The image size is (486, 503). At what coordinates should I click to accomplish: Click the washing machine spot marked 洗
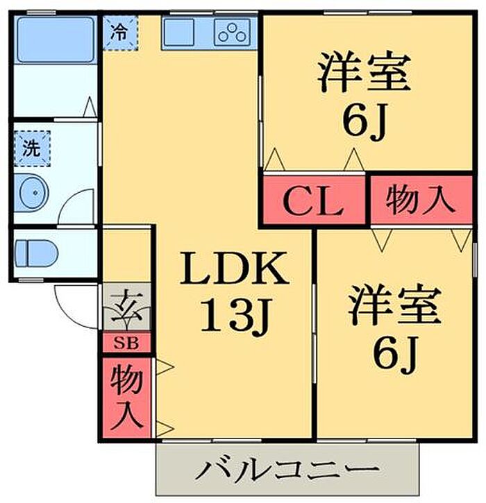click(32, 148)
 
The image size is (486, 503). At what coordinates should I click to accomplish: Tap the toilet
click(35, 250)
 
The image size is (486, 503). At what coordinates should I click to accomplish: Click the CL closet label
click(312, 202)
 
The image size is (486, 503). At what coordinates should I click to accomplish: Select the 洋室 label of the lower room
click(395, 308)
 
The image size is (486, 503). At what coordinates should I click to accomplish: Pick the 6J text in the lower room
click(396, 357)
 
